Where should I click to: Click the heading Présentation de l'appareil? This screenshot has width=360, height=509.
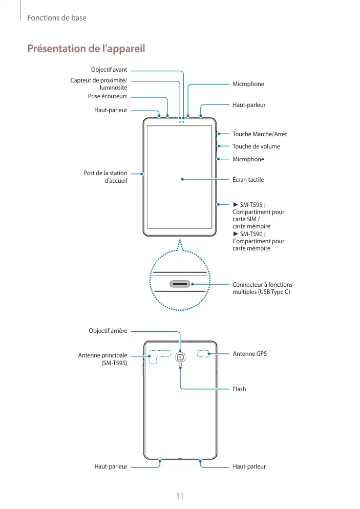point(86,49)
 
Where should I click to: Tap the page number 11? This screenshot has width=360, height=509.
point(180,496)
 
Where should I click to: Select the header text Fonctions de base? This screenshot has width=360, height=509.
point(57,18)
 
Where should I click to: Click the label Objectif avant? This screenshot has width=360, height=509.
point(109,70)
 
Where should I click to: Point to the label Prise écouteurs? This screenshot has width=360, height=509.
point(108,96)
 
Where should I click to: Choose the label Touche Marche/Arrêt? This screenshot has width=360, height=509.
point(259,134)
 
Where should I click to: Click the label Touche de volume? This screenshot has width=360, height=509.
point(256,146)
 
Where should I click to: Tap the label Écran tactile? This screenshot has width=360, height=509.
point(248,180)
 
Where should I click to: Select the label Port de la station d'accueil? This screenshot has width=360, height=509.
point(105,177)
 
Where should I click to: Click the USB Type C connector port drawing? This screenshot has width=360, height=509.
point(180,283)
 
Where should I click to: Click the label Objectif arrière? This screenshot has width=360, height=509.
point(108,331)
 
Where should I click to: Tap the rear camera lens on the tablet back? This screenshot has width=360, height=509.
point(180,357)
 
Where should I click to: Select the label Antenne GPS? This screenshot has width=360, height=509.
point(249,354)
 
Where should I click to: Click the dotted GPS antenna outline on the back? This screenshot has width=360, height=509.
point(204,354)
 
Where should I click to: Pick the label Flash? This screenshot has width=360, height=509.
point(239,389)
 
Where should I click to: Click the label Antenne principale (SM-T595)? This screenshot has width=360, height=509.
point(102,359)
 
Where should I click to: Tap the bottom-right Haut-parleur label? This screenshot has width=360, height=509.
point(249,466)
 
